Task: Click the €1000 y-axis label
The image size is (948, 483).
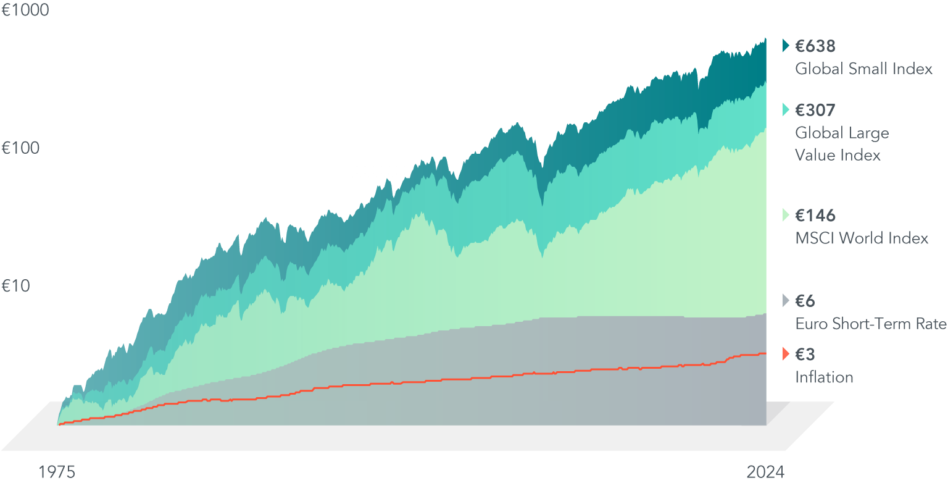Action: click(25, 11)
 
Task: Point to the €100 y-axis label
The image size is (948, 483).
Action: click(21, 148)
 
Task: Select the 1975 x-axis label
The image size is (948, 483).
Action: click(57, 472)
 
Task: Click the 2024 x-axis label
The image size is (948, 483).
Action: click(765, 472)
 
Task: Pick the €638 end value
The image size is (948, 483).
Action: click(815, 46)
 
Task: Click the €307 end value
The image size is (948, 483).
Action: click(815, 111)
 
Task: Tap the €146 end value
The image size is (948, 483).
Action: click(815, 216)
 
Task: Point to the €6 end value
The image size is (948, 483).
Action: click(805, 301)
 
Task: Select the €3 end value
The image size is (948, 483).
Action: click(805, 355)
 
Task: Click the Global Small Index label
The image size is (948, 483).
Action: click(863, 69)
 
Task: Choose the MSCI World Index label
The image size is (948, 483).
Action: click(862, 238)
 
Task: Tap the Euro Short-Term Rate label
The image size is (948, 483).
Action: click(870, 324)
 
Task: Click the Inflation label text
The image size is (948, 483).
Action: click(824, 377)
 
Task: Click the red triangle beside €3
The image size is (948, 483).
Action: click(786, 355)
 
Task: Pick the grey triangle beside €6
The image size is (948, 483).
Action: click(786, 301)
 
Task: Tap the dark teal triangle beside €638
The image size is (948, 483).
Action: click(786, 46)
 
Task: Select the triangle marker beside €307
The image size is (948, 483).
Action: click(786, 111)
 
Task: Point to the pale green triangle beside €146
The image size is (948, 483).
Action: click(786, 216)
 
